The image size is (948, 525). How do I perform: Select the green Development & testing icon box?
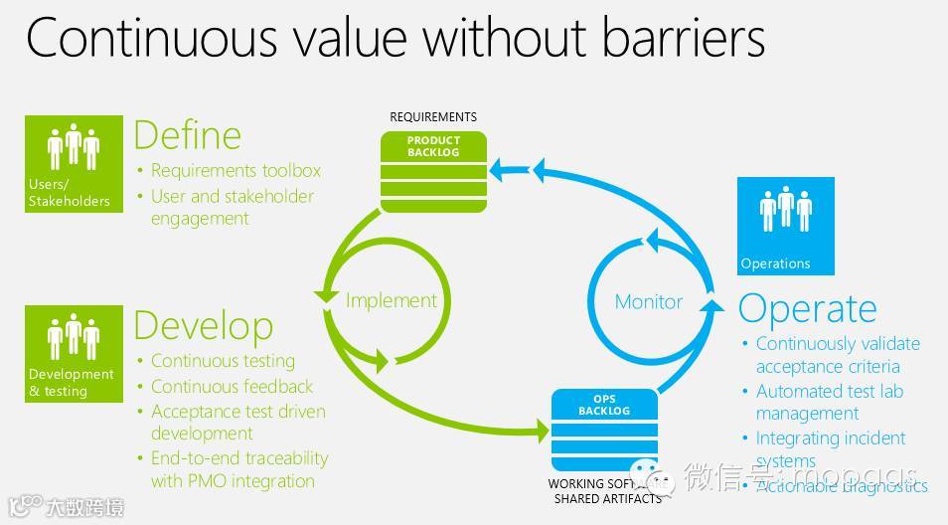click(74, 353)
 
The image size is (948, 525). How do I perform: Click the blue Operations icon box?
click(785, 226)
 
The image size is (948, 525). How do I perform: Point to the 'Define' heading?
click(187, 135)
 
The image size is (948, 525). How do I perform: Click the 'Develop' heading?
click(203, 325)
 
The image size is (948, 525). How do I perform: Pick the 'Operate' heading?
click(807, 308)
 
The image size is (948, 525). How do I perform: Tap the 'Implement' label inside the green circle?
click(391, 300)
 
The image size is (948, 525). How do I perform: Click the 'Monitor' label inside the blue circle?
click(649, 301)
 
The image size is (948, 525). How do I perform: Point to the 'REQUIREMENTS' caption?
click(433, 117)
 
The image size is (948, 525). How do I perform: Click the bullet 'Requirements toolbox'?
click(236, 171)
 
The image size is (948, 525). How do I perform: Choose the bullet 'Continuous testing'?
click(223, 361)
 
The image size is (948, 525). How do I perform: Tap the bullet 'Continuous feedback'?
click(232, 386)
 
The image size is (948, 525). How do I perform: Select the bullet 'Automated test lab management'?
click(829, 402)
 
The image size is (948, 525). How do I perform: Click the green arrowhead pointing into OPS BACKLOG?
click(542, 432)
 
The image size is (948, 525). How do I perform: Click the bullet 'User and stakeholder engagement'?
click(232, 207)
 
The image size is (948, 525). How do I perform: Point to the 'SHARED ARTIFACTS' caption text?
click(607, 499)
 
